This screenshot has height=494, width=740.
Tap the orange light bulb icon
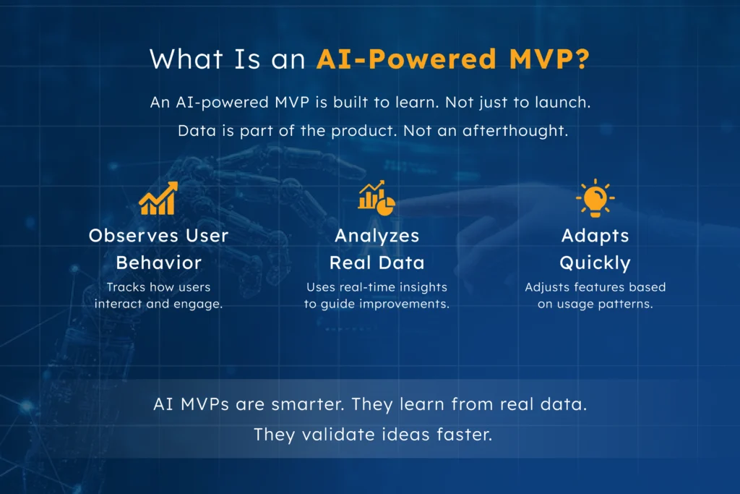click(595, 197)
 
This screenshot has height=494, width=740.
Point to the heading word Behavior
click(158, 262)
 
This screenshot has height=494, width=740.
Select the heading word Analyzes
click(377, 235)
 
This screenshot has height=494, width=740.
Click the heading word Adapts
click(595, 235)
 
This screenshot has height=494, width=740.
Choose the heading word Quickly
click(595, 262)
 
